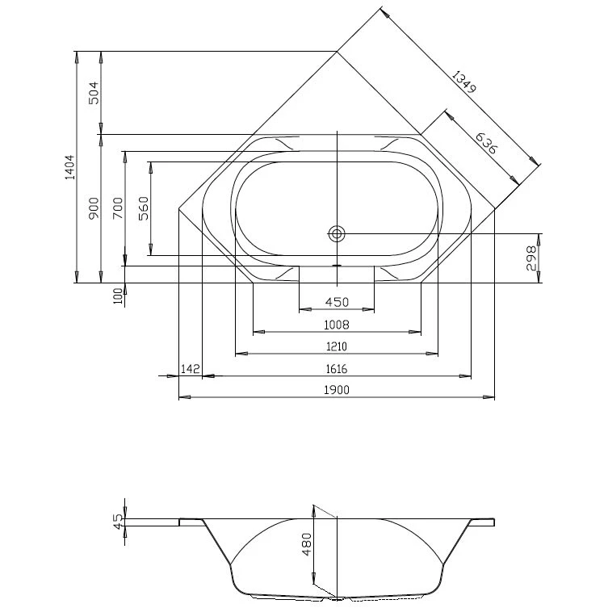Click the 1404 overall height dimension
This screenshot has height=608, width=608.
tap(69, 167)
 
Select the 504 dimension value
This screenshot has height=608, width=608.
tap(94, 92)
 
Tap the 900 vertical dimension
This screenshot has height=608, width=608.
tap(94, 208)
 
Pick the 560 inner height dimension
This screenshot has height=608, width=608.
tap(144, 208)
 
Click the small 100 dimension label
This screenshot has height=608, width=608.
tap(118, 296)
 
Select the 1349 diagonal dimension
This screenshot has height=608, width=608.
tap(464, 84)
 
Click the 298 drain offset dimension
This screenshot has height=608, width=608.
tap(531, 258)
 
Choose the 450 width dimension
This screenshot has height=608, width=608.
tap(336, 302)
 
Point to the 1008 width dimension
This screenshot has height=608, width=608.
tap(336, 325)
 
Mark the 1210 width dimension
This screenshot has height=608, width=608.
tap(336, 346)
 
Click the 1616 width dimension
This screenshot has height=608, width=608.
tap(336, 369)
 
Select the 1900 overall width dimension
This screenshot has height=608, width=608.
tap(336, 391)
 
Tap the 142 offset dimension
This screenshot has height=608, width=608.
tap(191, 369)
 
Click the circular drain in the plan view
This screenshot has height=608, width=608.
tap(336, 233)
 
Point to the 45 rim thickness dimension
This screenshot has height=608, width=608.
tap(118, 522)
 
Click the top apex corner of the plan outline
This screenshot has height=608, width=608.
tap(337, 52)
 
